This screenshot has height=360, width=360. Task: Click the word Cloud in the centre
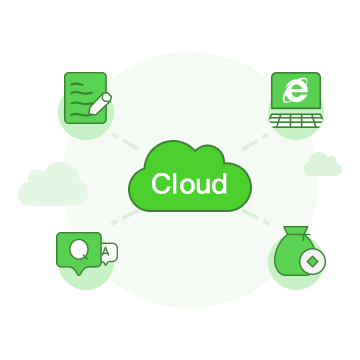189,183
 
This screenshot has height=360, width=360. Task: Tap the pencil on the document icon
100,104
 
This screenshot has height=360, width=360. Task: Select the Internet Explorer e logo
295,90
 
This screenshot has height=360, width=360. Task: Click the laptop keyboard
296,120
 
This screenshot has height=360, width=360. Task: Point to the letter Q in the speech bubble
79,249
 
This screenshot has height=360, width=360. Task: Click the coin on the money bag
313,262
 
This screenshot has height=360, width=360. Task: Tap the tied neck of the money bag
296,235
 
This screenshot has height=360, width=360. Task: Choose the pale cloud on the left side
53,185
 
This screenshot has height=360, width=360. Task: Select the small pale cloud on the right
323,164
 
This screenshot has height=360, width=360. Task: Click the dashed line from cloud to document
125,142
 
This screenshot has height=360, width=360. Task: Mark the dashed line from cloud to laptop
255,142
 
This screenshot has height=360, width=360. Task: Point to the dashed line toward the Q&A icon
125,217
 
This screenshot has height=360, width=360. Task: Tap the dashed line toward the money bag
256,217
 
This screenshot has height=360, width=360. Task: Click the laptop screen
296,91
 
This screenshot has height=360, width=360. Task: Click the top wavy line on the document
77,84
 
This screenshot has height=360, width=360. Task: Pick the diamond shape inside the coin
313,262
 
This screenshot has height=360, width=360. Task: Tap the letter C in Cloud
161,183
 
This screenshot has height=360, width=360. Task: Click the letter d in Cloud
220,183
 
